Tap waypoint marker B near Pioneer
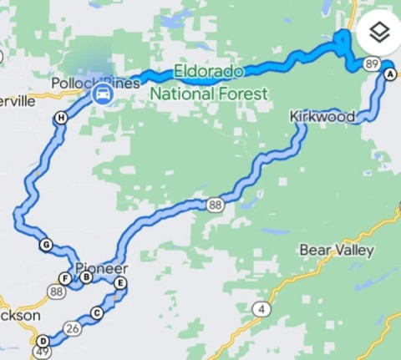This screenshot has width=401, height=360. click(87, 277)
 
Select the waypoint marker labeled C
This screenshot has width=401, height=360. click(96, 313)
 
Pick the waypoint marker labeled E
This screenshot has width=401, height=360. click(120, 284)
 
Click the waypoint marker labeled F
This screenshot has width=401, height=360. click(64, 278)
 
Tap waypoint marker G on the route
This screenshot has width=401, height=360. click(45, 245)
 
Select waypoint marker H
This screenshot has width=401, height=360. click(61, 119)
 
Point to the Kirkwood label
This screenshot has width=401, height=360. click(322, 117)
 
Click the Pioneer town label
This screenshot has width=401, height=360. click(102, 268)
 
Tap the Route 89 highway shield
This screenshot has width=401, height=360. click(373, 63)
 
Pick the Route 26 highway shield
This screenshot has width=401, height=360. click(74, 329)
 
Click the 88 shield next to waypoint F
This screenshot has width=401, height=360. click(57, 292)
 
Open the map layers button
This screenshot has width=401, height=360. click(379, 33)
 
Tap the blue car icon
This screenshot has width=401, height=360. click(102, 93)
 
